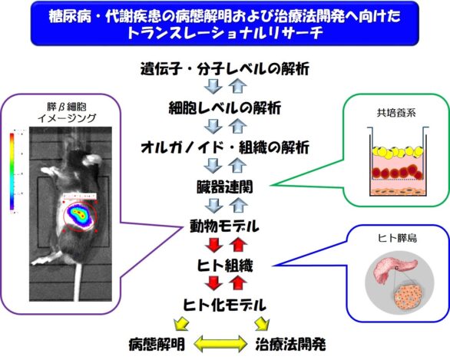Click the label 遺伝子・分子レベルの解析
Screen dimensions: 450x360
point(225,69)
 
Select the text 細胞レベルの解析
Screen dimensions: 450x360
point(225,108)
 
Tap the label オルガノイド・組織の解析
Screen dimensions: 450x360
point(225,147)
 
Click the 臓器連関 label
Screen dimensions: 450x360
point(225,187)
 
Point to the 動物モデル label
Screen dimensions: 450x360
point(225,226)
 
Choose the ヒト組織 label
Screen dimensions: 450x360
point(225,266)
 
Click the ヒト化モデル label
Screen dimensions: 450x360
point(225,305)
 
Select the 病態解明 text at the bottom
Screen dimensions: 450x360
point(157,344)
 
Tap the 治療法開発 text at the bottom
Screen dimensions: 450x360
point(290,344)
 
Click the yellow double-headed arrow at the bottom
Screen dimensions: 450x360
point(220,344)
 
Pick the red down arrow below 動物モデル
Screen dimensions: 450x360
point(213,244)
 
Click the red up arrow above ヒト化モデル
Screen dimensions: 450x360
point(238,282)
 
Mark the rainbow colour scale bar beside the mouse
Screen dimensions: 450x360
point(12,171)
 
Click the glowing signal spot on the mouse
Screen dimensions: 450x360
point(79,215)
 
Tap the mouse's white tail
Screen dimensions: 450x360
point(77,281)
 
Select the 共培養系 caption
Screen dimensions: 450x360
point(396,113)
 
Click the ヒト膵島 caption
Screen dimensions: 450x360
point(397,238)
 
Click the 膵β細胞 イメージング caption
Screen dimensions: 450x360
point(67,112)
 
